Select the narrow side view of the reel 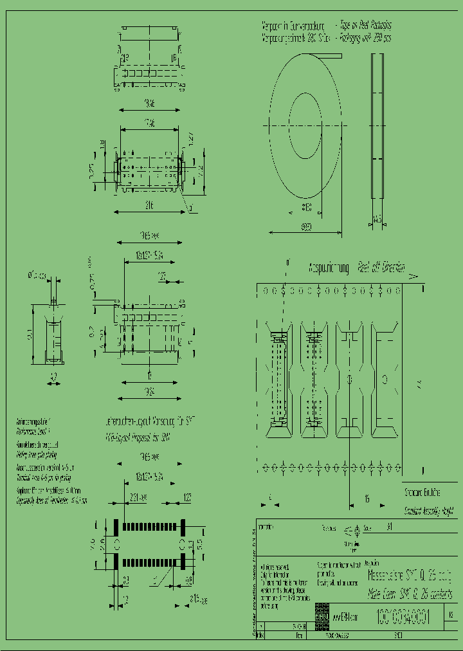coord(377,125)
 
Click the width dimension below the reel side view coord(377,220)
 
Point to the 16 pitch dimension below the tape coord(366,498)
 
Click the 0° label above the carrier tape coord(287,262)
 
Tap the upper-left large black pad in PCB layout coord(116,526)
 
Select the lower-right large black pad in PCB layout coord(183,562)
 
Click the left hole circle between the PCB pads coord(116,544)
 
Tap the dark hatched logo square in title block coord(322,616)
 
